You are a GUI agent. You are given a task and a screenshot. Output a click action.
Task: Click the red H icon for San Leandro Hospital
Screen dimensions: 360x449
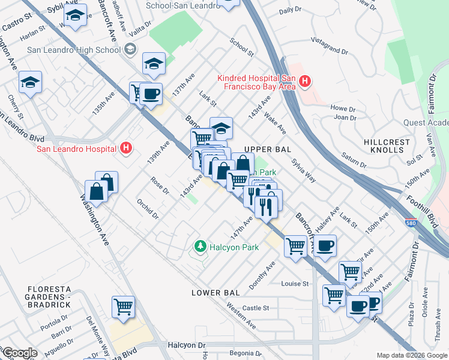coord(126,148)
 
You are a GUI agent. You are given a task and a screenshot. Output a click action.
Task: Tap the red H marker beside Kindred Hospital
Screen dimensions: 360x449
coord(305,81)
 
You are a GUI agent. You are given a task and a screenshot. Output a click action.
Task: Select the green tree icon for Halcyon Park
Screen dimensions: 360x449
coord(200,246)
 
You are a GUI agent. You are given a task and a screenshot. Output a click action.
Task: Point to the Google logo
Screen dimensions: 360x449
coord(20,353)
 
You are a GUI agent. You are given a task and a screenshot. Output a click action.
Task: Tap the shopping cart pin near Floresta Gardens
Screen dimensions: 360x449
coord(123,307)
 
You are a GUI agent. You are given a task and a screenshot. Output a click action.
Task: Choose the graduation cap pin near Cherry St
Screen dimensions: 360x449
coord(30,82)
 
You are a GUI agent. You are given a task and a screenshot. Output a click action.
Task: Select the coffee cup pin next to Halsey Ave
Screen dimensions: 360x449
coord(325,245)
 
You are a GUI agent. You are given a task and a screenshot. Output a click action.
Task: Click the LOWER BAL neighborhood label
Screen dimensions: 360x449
coord(215,293)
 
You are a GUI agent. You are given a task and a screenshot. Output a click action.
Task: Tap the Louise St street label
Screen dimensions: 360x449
coord(295,283)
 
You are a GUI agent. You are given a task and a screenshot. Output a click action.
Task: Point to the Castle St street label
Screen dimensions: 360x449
coord(256,308)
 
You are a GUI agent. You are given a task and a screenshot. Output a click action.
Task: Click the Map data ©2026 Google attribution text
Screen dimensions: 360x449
coord(411,355)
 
